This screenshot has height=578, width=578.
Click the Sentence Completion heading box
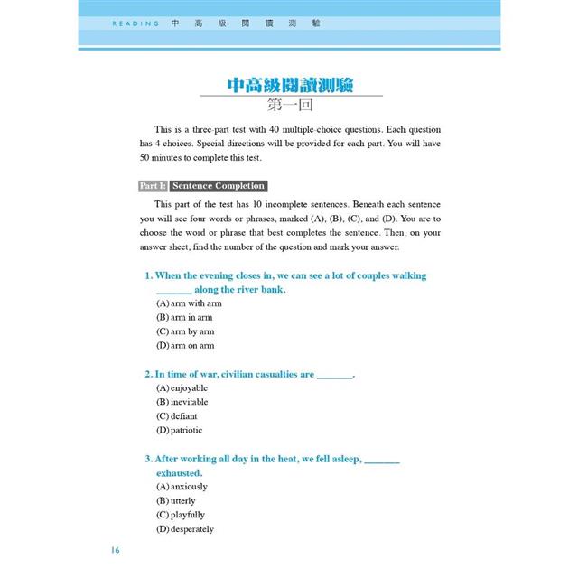[x=219, y=186]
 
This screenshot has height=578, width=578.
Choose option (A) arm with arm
[x=189, y=303]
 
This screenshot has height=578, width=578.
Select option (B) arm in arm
[x=184, y=317]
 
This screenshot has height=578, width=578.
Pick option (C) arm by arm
[x=185, y=331]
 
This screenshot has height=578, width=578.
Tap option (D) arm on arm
[x=185, y=345]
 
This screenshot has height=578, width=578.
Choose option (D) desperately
[x=185, y=529]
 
